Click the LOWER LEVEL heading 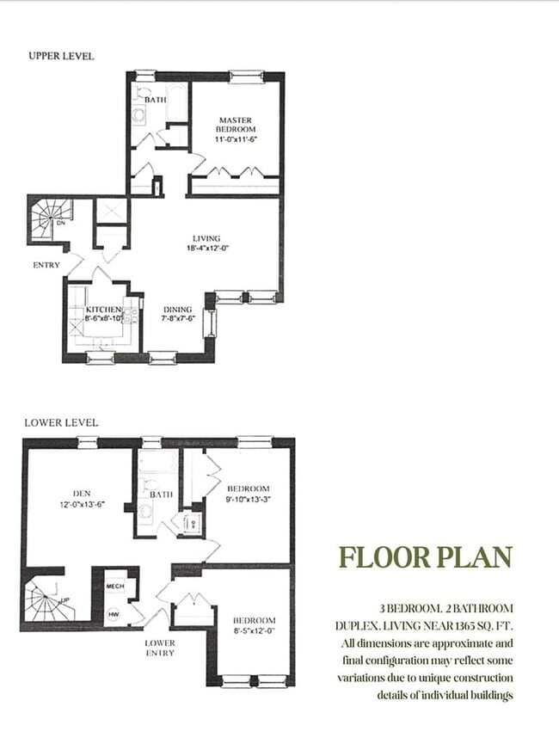pos(61,422)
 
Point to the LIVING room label pos(206,238)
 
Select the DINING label pos(178,310)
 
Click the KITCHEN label pos(103,310)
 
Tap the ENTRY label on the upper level pos(46,265)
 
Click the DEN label pos(71,494)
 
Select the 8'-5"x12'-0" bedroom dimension pos(254,630)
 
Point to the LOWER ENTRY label pos(160,648)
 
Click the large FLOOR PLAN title pos(426,557)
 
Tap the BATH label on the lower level pos(162,495)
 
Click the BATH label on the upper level pos(155,101)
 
